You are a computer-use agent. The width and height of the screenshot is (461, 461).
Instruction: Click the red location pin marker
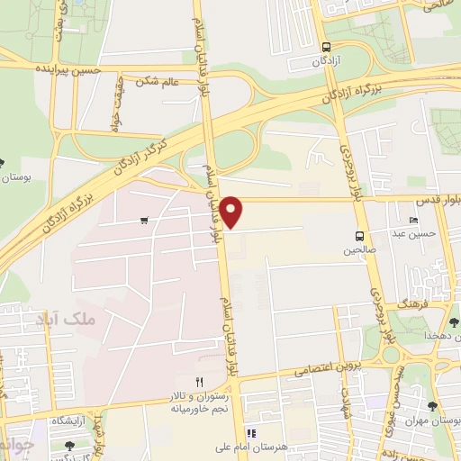231,211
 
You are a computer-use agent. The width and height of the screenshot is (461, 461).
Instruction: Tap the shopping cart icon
144,220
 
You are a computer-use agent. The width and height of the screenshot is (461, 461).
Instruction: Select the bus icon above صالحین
359,236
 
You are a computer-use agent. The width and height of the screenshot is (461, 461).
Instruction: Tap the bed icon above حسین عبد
413,221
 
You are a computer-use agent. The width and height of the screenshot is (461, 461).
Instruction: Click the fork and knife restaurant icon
200,382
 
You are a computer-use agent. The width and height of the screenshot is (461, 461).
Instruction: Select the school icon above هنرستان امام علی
252,433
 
